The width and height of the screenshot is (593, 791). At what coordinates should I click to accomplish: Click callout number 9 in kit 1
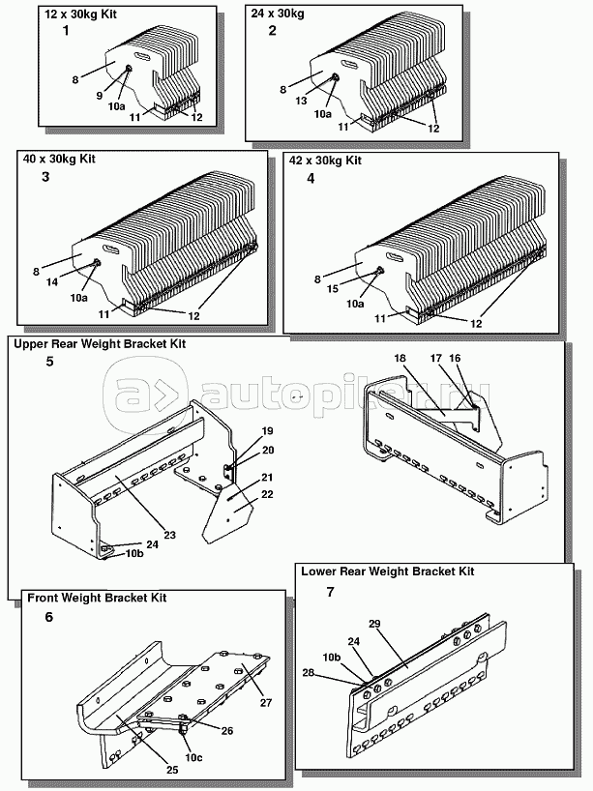coord(99,94)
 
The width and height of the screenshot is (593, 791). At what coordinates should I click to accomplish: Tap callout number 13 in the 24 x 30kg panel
coord(300,100)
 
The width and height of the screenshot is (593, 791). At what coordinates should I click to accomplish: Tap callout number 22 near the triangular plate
coord(268,495)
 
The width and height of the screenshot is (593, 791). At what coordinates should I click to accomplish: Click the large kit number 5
coord(50,363)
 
